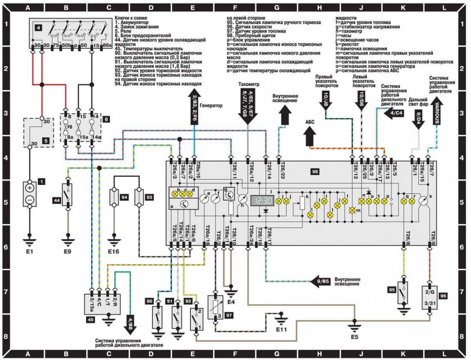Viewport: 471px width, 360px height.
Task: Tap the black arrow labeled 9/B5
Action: pyautogui.click(x=322, y=281)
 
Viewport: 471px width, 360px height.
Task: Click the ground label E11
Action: pyautogui.click(x=281, y=330)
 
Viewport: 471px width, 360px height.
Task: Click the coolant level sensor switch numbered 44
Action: pyautogui.click(x=68, y=195)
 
